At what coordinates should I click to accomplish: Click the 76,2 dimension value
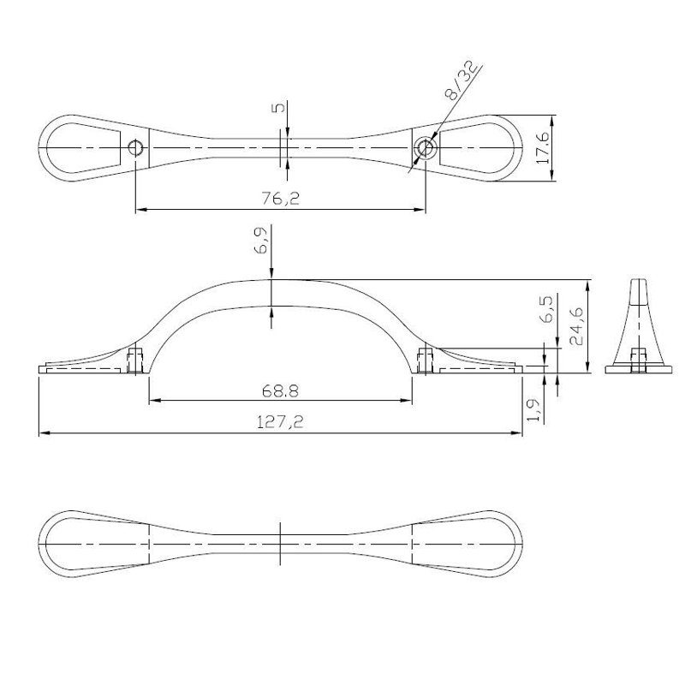click(x=281, y=199)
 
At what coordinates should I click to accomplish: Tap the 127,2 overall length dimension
click(x=280, y=422)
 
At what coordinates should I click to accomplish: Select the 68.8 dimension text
click(x=281, y=391)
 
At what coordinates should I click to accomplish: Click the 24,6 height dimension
click(x=576, y=326)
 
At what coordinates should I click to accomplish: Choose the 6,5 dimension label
click(x=546, y=308)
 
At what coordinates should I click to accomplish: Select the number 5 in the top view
click(x=280, y=106)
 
